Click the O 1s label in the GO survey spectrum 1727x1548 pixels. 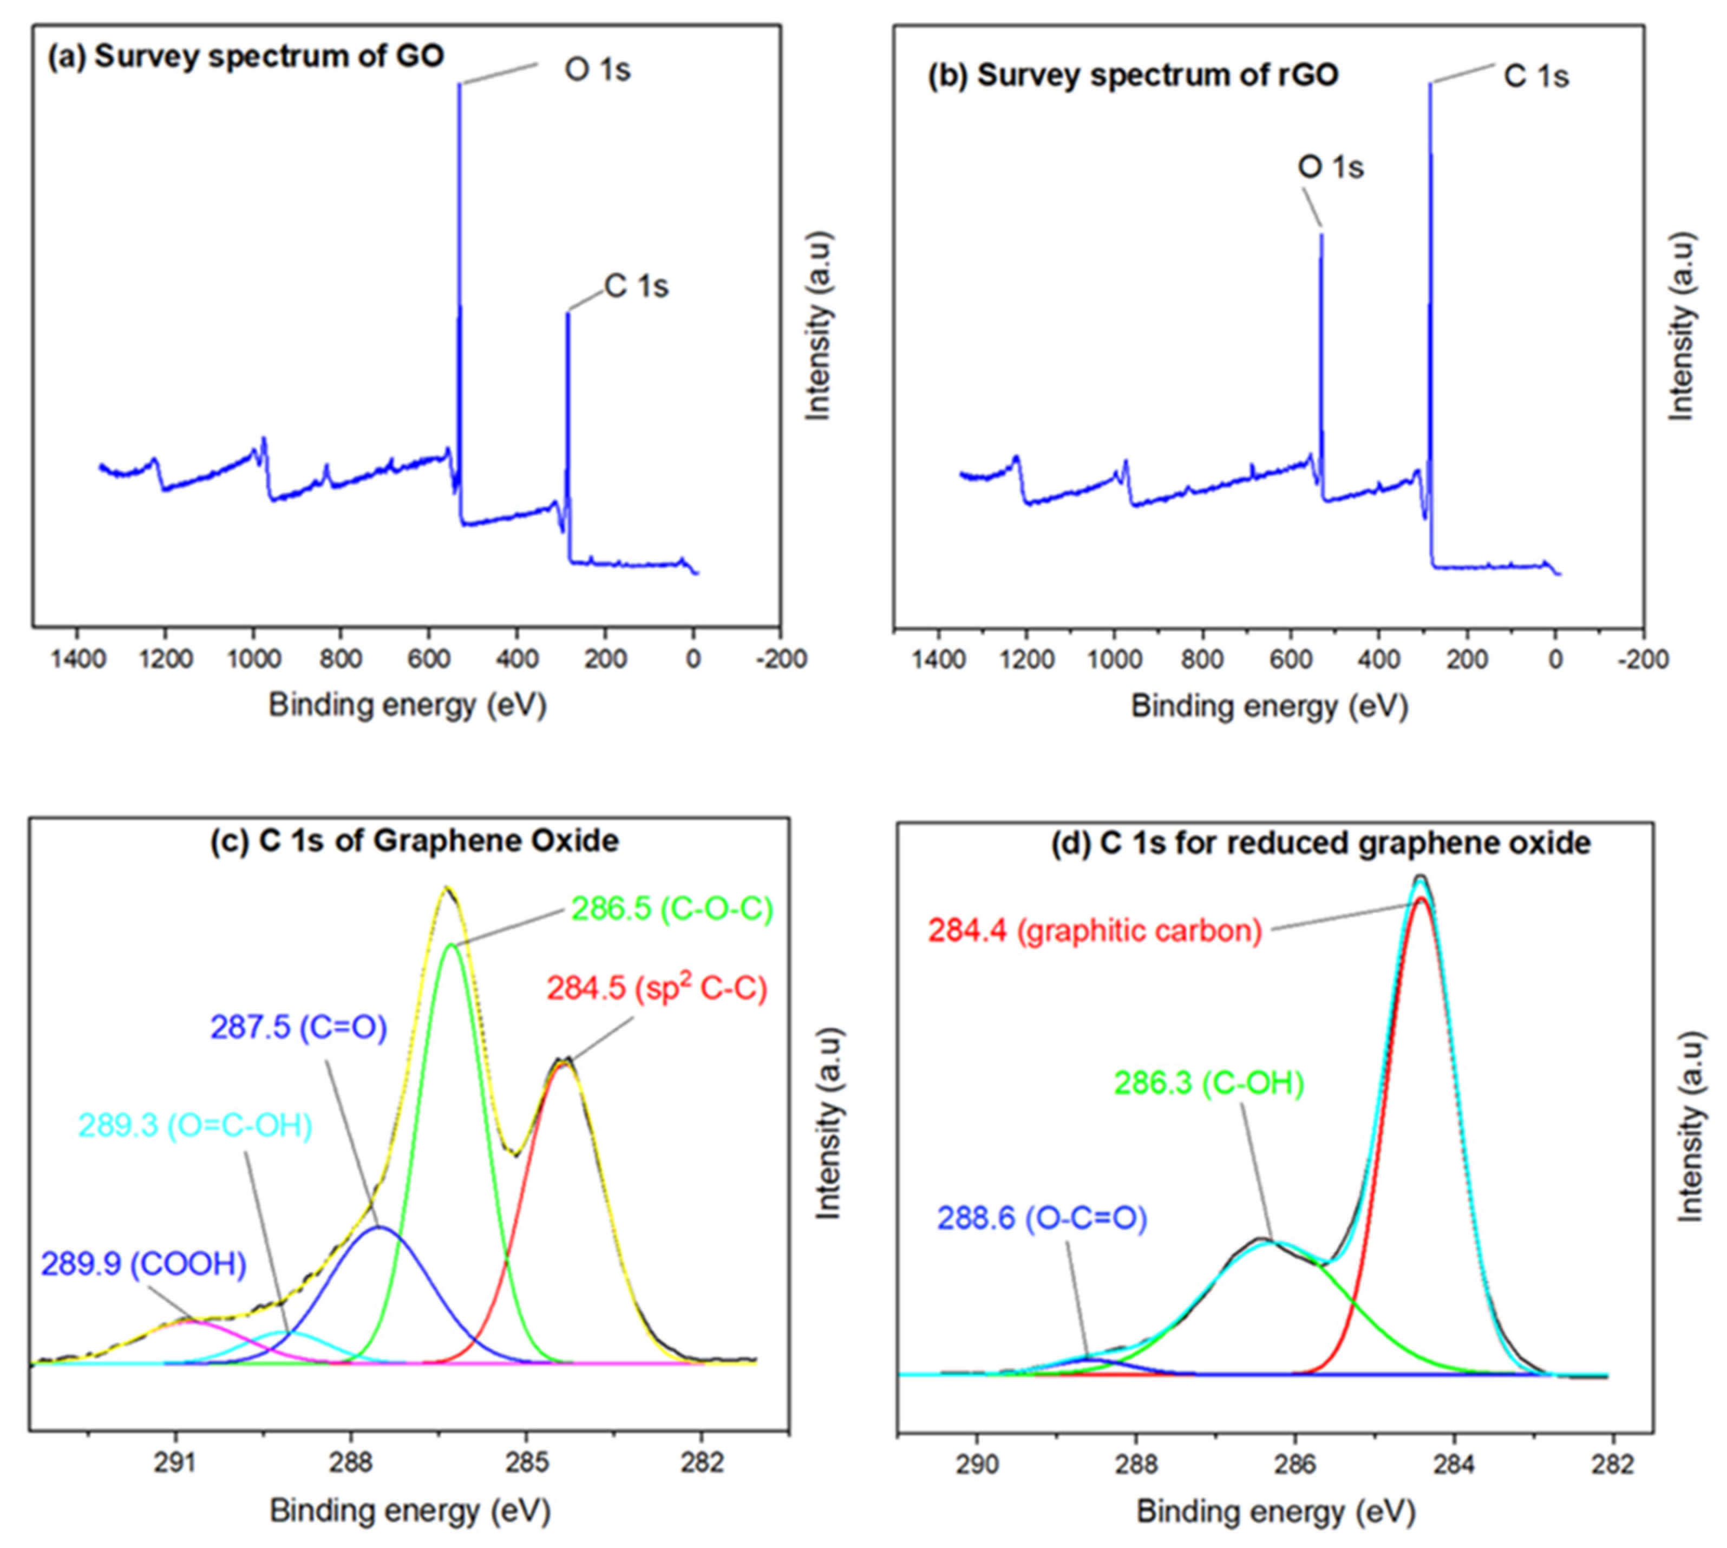597,70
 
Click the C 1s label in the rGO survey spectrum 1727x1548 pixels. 1536,76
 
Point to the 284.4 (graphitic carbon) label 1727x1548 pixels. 1094,931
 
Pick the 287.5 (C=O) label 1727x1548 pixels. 298,1028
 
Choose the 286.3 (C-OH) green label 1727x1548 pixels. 1208,1083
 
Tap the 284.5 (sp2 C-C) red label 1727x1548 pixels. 657,988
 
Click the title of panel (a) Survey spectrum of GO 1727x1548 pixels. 246,56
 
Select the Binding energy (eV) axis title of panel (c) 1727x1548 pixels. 410,1510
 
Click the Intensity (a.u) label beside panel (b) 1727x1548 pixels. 1680,326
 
